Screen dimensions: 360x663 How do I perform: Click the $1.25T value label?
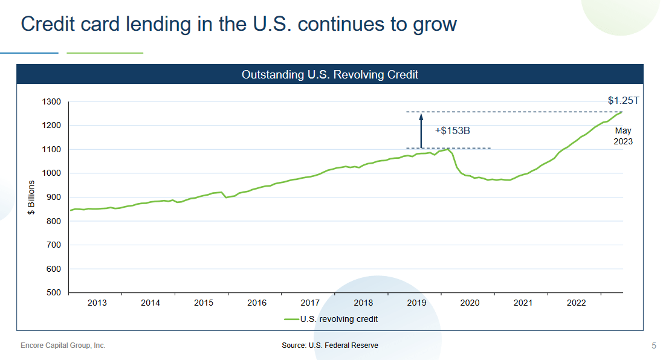[623, 101]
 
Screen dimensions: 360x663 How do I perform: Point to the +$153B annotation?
[452, 130]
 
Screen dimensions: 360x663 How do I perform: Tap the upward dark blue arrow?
[421, 130]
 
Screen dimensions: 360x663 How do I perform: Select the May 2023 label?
[624, 136]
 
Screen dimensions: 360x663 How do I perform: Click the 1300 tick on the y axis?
[52, 102]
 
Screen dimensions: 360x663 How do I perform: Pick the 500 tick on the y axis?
[54, 293]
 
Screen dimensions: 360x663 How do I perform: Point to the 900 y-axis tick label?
[54, 198]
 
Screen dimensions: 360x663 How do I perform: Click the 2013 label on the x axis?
[97, 303]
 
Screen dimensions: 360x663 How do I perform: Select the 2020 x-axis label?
[470, 303]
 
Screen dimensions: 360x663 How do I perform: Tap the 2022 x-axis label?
[576, 303]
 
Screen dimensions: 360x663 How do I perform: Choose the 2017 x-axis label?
[310, 303]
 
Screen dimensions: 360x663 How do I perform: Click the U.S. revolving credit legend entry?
[331, 319]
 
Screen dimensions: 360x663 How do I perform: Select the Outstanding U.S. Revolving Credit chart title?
[330, 75]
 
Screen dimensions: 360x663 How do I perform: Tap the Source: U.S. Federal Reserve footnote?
[330, 346]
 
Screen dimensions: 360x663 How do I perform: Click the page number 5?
[653, 346]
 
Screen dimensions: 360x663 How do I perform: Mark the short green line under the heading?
[105, 53]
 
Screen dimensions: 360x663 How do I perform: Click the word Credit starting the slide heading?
[50, 24]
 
